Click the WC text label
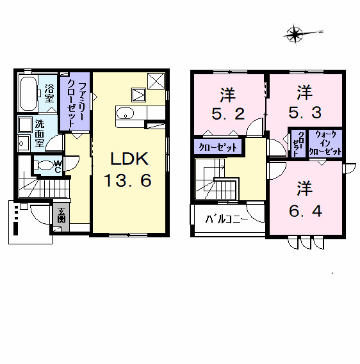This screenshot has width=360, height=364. [57, 166]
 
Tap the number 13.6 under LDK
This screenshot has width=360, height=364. [128, 181]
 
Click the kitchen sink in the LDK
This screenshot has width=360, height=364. [126, 114]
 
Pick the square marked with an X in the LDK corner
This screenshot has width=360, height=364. [156, 81]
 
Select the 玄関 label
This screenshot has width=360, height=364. [61, 214]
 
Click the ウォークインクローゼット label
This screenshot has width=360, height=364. [325, 143]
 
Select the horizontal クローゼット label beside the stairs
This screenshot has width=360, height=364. [218, 147]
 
